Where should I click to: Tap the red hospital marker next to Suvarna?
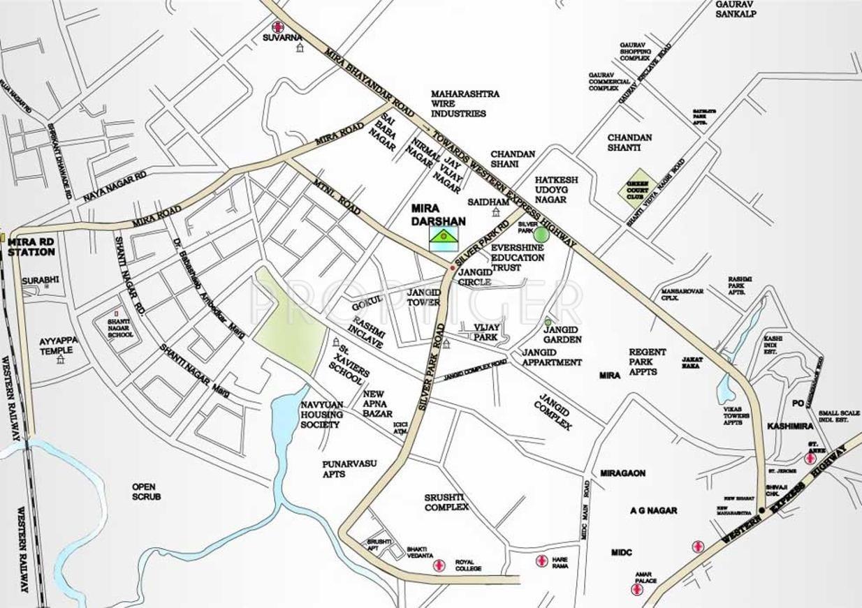(278, 27)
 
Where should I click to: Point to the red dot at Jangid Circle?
(453, 268)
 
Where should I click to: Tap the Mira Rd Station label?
(31, 246)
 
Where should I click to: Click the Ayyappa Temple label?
(59, 346)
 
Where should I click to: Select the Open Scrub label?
(146, 491)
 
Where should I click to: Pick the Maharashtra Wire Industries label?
(465, 103)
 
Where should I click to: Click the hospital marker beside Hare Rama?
(541, 561)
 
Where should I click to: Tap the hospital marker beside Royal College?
(438, 565)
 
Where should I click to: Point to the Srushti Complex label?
(446, 502)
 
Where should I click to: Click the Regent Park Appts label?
(647, 362)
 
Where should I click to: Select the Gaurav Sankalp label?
(736, 8)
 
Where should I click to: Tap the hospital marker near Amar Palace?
(636, 590)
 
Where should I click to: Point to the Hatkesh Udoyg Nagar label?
(550, 190)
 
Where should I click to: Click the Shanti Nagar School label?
(119, 328)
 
